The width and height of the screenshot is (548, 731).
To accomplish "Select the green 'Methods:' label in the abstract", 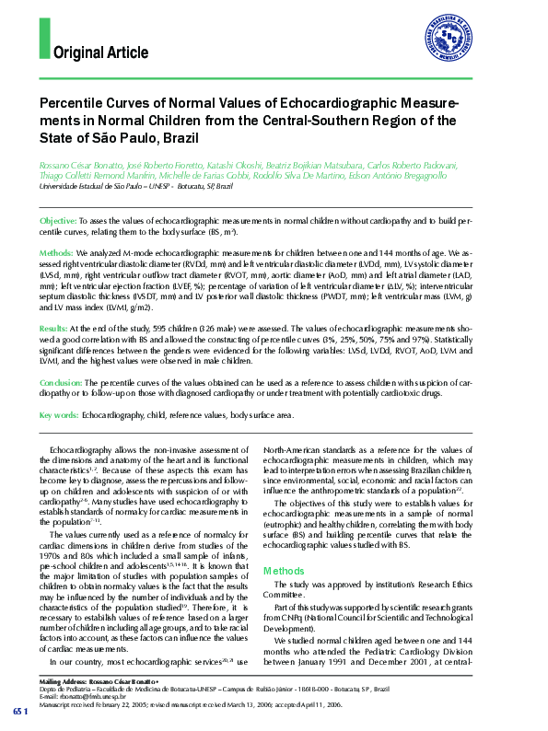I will pos(56,251).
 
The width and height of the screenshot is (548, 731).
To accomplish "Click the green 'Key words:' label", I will pos(58,415).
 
